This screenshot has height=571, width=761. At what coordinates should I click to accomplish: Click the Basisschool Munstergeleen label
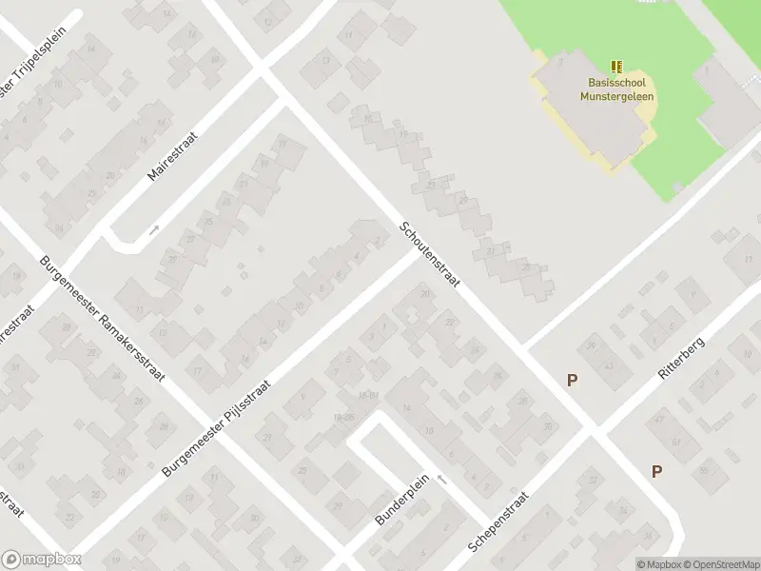click(620, 89)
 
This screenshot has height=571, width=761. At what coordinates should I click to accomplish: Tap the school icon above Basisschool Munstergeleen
click(617, 67)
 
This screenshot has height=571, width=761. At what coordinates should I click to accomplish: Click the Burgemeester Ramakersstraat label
click(103, 319)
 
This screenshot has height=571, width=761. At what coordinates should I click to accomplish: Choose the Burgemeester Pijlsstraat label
click(217, 428)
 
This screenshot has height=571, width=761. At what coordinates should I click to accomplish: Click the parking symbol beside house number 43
click(572, 380)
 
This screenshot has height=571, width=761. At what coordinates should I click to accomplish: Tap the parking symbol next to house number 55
click(656, 471)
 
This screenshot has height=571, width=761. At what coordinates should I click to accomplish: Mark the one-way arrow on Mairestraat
click(154, 229)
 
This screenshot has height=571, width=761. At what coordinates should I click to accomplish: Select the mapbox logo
click(42, 560)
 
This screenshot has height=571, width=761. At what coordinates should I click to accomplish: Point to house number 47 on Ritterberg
click(658, 421)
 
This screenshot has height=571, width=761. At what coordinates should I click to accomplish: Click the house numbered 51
click(677, 442)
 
